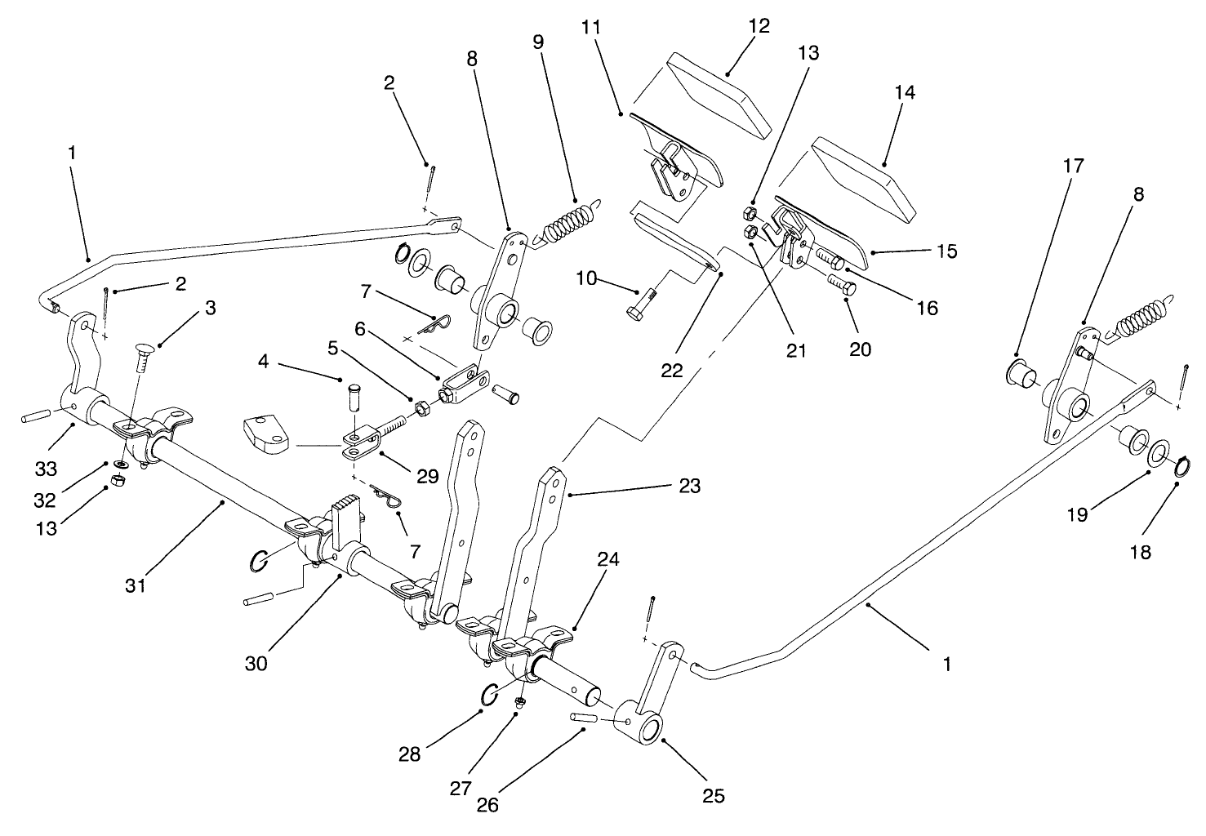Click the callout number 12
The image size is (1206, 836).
pyautogui.click(x=759, y=26)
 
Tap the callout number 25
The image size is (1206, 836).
pyautogui.click(x=714, y=795)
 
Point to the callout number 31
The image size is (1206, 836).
pyautogui.click(x=136, y=585)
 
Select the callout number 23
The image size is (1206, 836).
pyautogui.click(x=689, y=486)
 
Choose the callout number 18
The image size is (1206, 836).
pyautogui.click(x=1141, y=552)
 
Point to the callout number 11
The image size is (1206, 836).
pyautogui.click(x=591, y=26)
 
